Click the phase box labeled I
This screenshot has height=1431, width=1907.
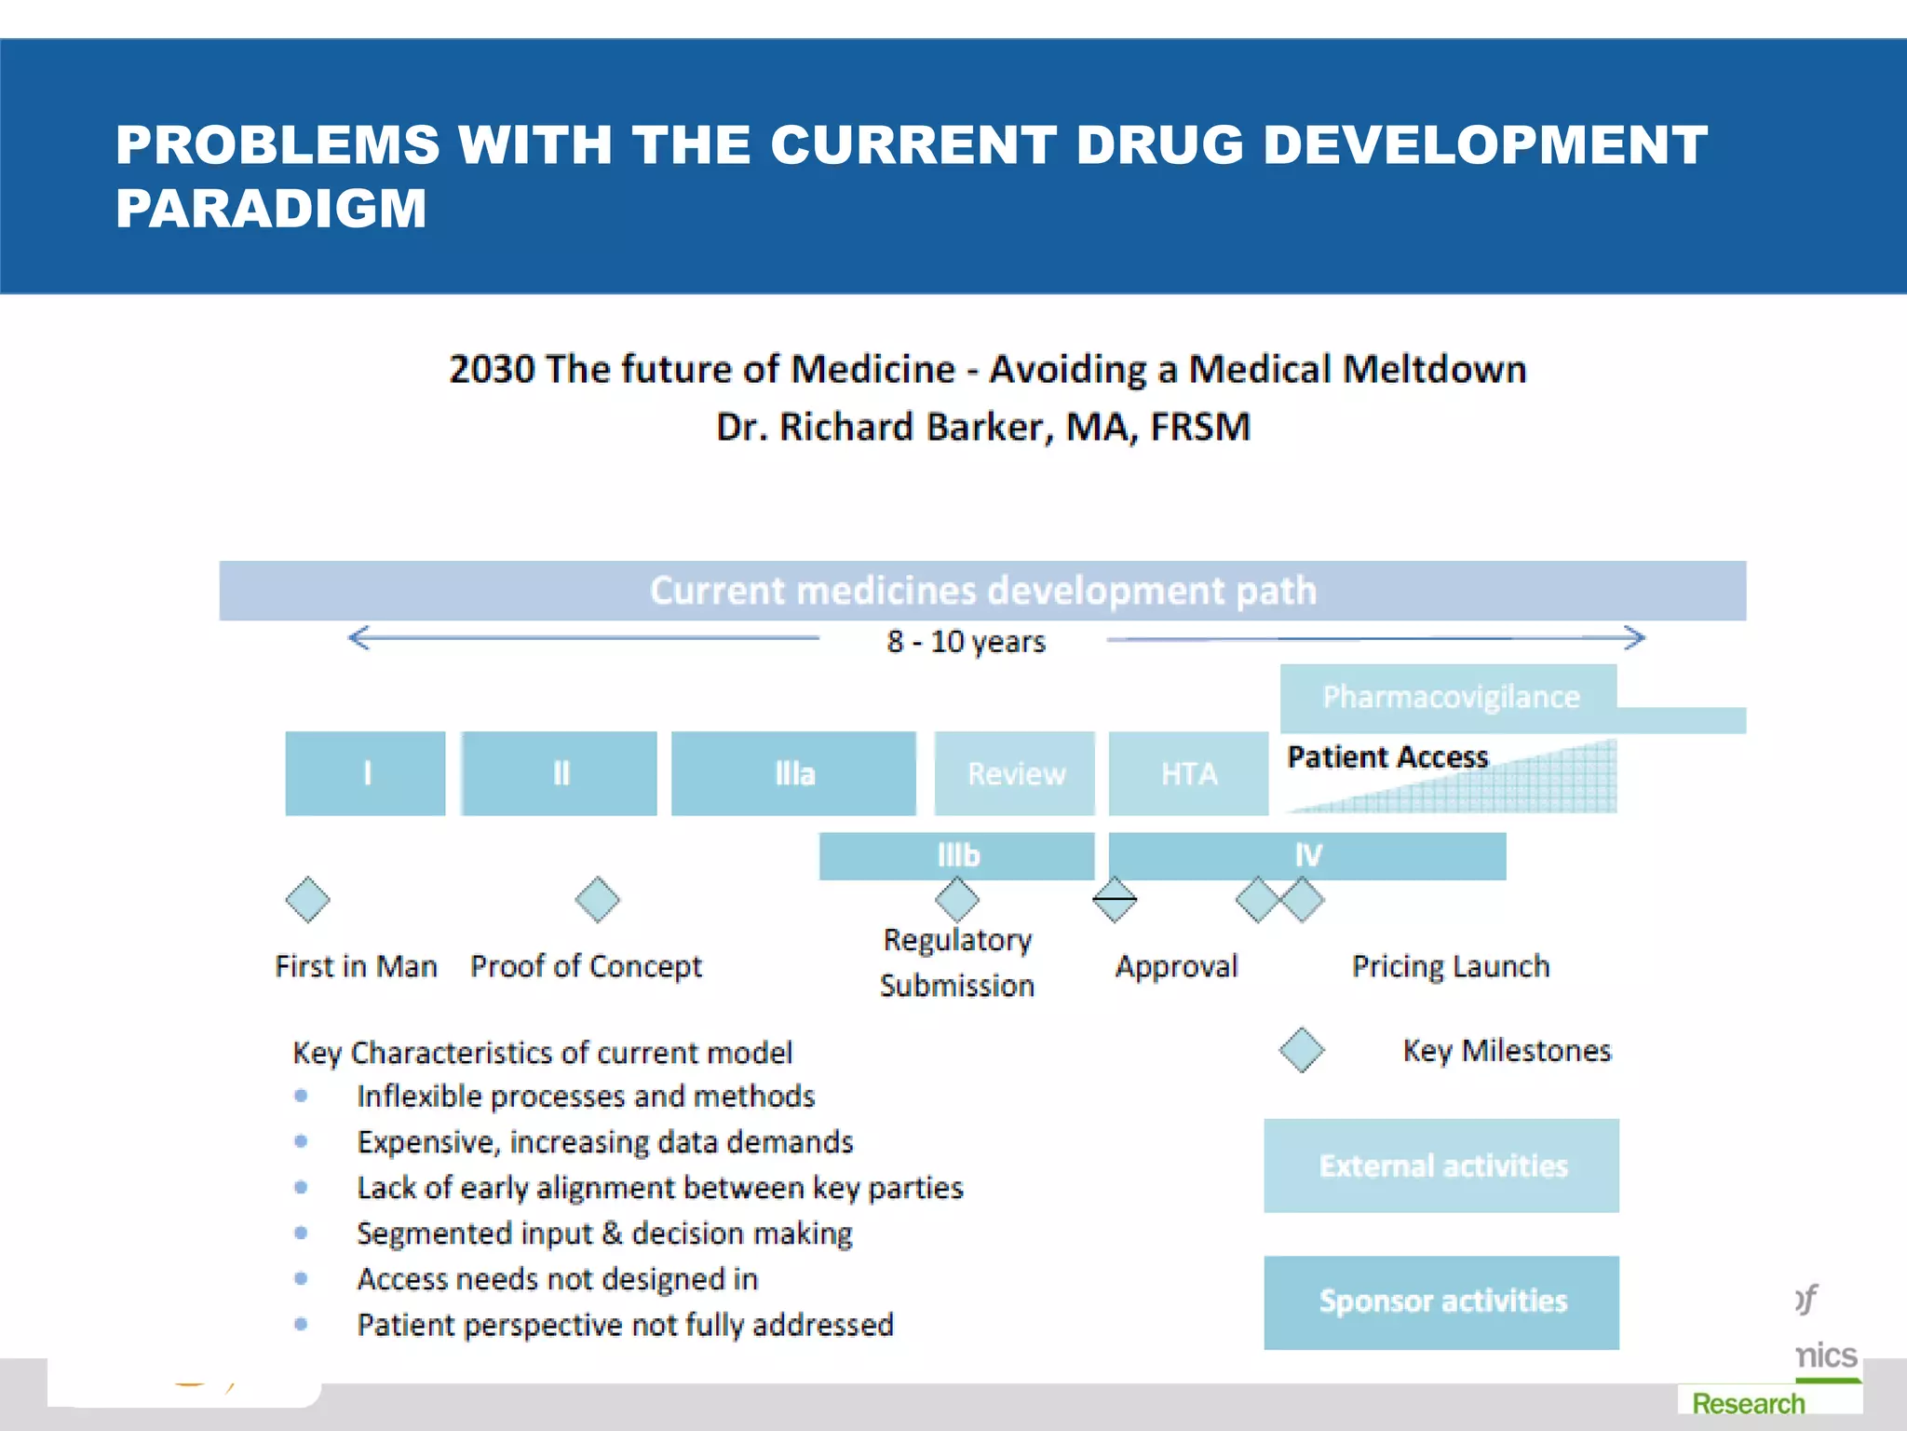[x=365, y=773]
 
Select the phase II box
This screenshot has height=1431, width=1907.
[x=560, y=773]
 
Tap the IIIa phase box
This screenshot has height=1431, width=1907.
[x=793, y=773]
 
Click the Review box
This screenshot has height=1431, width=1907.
[x=1015, y=773]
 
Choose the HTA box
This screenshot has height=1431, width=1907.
[x=1188, y=773]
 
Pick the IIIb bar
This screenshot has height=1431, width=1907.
[x=957, y=855]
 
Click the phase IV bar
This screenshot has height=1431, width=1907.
[x=1307, y=855]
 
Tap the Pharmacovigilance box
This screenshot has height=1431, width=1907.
[x=1449, y=697]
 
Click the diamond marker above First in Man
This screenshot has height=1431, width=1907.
[x=308, y=900]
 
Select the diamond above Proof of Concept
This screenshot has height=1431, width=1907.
[x=597, y=900]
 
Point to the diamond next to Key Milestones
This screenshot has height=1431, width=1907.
[x=1301, y=1050]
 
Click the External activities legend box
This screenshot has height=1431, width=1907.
[x=1441, y=1165]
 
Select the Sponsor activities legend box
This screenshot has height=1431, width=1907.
[x=1441, y=1302]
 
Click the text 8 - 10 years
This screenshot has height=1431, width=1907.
[x=966, y=642]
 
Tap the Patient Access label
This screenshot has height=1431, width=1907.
[x=1387, y=756]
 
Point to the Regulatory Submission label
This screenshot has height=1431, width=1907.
[x=957, y=962]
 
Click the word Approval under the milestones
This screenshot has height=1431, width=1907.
[x=1176, y=966]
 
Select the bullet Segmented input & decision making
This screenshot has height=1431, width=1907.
[x=604, y=1233]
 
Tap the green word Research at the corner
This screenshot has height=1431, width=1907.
[x=1748, y=1403]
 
